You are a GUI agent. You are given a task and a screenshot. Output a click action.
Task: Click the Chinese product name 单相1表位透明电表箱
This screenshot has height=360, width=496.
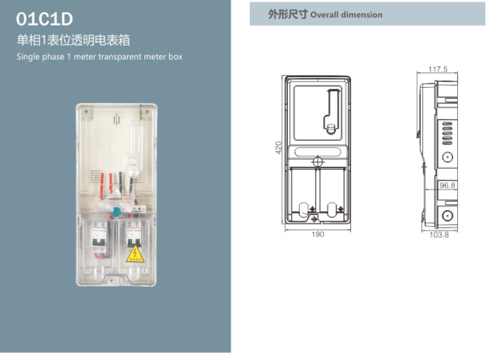[73, 40]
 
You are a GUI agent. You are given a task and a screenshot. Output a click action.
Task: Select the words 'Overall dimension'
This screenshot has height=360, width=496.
[346, 15]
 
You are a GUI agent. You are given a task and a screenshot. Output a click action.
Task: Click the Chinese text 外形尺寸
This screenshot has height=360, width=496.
[287, 14]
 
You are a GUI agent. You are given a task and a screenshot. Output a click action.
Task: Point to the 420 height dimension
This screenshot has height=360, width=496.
[279, 148]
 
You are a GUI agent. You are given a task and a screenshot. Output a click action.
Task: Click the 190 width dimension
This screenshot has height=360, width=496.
[318, 234]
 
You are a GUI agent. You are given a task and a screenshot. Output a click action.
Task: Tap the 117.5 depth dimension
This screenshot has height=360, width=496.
[438, 69]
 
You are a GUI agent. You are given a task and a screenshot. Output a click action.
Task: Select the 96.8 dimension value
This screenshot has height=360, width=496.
[447, 185]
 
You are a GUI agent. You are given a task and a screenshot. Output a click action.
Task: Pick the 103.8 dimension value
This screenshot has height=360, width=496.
[439, 234]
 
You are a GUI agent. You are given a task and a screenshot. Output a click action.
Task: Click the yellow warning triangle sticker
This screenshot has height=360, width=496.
[133, 253]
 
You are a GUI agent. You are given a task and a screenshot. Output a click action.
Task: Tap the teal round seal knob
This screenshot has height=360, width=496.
[115, 210]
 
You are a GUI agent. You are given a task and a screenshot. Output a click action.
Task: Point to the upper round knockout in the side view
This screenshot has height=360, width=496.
[447, 158]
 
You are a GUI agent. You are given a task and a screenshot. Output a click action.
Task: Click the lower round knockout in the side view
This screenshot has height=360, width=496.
[447, 215]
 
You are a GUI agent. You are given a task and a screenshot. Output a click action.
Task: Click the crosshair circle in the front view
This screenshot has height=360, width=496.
[318, 161]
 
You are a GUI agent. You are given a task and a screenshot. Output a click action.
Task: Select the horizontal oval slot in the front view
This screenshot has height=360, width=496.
[318, 150]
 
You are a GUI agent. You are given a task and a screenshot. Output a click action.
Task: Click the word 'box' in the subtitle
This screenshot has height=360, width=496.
[175, 57]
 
